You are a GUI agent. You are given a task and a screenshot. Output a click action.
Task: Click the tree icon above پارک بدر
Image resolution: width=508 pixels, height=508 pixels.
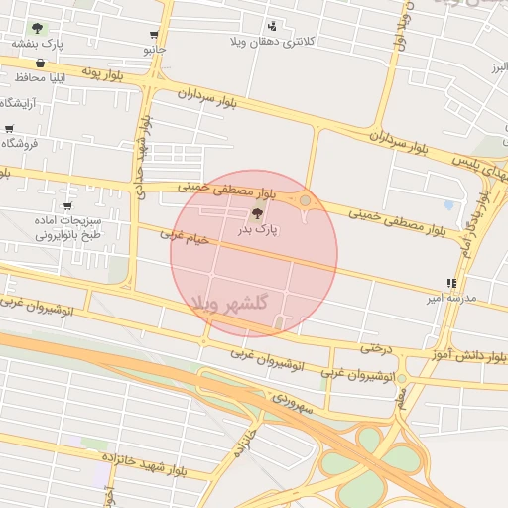pos(258,213)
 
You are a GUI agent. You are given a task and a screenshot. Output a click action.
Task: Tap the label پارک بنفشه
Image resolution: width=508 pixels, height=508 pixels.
pos(39,44)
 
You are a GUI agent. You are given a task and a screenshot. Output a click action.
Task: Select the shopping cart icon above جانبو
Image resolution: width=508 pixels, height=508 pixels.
pos(153,34)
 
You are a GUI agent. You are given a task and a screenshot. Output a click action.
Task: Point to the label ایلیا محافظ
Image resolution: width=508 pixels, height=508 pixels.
pos(40,77)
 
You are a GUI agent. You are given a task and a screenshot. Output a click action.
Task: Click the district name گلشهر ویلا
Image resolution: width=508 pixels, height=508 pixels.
pos(230,302)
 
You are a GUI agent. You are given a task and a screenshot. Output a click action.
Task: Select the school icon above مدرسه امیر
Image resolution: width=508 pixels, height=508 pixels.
pos(451,283)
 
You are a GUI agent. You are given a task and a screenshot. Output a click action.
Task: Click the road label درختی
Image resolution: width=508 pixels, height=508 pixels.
pos(376,348)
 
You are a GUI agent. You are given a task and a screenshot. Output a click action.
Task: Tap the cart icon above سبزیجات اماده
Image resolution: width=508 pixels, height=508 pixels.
pos(66,206)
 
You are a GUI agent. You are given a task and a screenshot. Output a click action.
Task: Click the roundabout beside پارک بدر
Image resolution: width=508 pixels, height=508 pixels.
pos(305,202)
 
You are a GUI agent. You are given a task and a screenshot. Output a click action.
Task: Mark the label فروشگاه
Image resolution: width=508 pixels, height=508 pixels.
pos(19,144)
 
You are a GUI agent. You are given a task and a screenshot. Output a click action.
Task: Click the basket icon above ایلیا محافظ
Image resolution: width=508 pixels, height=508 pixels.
pos(40,63)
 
